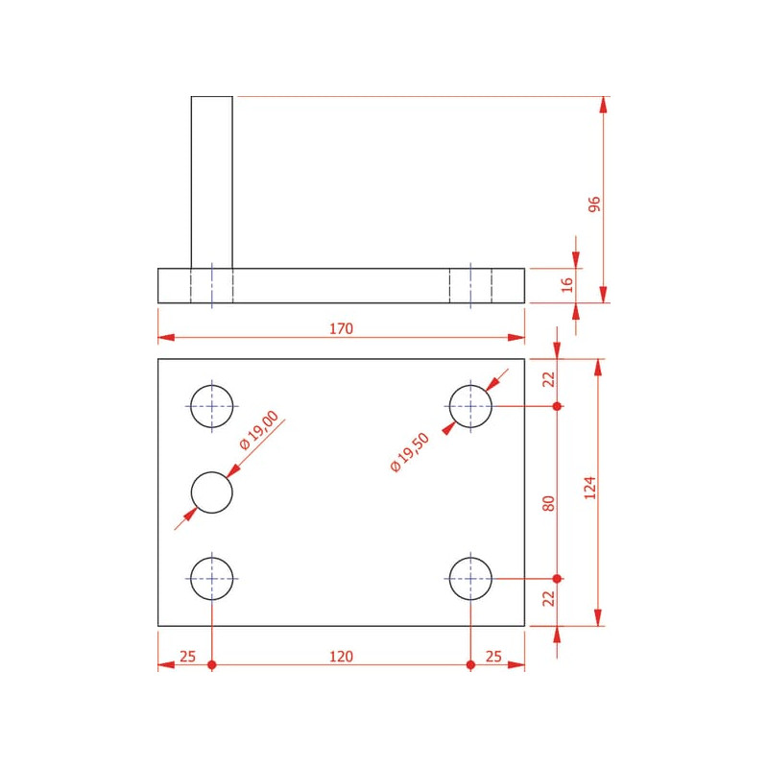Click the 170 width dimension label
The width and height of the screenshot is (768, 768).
(341, 328)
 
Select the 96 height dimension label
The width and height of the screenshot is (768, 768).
(593, 204)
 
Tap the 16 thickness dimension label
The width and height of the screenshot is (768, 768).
(566, 284)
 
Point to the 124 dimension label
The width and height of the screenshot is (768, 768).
(590, 488)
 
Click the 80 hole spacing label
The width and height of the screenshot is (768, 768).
(548, 503)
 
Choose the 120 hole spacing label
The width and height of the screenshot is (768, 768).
(341, 657)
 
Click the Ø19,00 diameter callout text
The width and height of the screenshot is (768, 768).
(259, 429)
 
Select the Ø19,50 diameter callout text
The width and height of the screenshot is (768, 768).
(410, 452)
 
